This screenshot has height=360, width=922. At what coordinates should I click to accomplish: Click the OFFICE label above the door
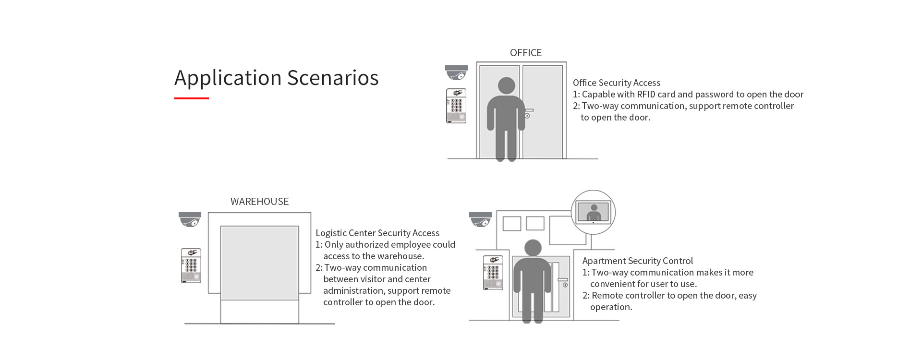tap(525, 53)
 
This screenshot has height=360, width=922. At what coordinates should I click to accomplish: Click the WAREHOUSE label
tap(259, 202)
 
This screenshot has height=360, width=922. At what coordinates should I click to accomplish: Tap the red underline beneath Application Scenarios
tap(191, 98)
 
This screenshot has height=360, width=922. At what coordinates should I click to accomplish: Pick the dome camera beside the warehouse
tap(190, 219)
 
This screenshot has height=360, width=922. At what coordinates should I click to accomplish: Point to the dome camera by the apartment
tap(480, 219)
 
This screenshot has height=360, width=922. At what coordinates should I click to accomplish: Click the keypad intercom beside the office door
tap(456, 106)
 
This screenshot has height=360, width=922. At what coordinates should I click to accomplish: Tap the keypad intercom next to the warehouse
tap(191, 265)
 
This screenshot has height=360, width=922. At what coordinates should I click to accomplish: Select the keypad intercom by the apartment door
tap(493, 273)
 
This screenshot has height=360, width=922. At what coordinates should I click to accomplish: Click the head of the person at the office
tap(506, 86)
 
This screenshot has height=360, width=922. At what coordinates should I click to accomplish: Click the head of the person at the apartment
tap(533, 248)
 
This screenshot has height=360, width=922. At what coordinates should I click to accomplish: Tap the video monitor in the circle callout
tap(594, 212)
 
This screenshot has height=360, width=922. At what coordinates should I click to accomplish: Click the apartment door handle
tap(563, 280)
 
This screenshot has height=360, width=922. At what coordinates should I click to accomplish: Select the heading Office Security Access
tap(616, 83)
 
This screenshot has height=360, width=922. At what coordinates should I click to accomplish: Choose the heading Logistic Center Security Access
tap(377, 233)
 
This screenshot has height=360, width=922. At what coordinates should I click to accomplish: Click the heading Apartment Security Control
tap(637, 261)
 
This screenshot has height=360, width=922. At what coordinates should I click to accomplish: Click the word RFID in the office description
tap(646, 95)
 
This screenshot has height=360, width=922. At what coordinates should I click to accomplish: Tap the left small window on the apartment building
tap(511, 224)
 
